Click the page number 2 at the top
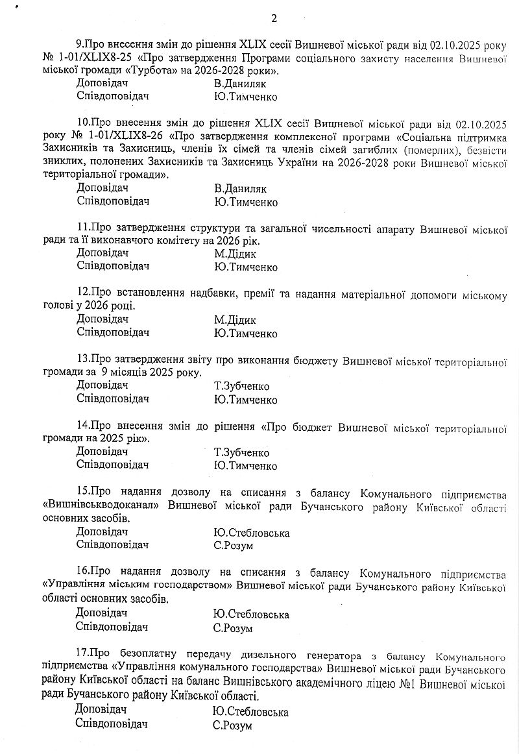(x=274, y=18)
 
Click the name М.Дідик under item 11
(x=235, y=254)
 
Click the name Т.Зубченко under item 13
(x=241, y=387)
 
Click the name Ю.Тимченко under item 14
(x=245, y=466)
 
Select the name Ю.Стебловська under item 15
(x=251, y=533)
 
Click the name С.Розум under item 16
(x=232, y=627)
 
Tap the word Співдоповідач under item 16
(x=112, y=627)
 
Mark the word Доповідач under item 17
(x=101, y=711)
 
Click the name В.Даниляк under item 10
(x=240, y=189)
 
